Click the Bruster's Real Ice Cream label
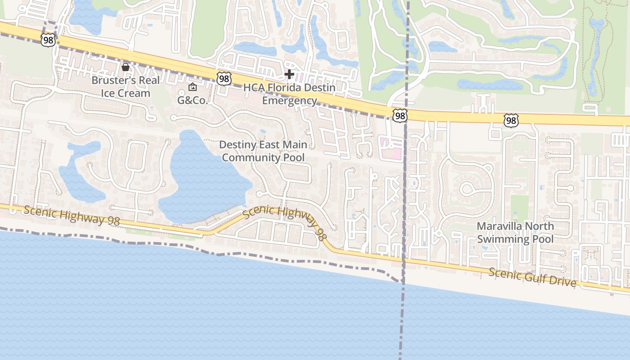click(125, 87)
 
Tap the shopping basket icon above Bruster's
click(126, 67)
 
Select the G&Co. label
click(193, 100)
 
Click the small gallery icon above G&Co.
click(193, 87)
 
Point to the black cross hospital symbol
click(289, 74)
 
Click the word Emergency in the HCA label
click(289, 100)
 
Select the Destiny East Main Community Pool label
click(263, 151)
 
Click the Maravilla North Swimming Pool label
click(515, 232)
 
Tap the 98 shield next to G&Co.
click(224, 78)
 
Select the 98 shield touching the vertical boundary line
click(399, 116)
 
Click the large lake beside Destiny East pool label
click(202, 180)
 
